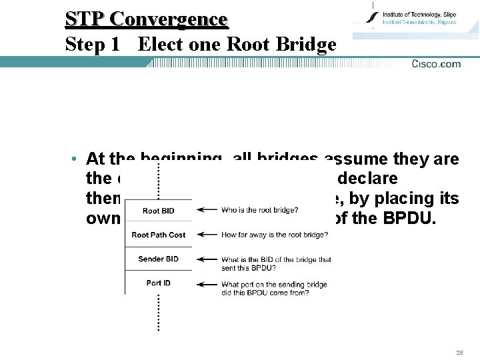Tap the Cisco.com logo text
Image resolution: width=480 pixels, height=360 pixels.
436,64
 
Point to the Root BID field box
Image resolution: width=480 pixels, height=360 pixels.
159,211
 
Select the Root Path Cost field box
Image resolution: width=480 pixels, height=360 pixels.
159,235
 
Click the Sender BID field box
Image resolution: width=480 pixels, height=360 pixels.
159,259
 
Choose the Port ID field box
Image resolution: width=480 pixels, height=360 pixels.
159,283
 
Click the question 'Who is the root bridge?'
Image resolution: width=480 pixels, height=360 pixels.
259,211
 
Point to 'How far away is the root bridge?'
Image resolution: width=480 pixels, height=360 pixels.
275,235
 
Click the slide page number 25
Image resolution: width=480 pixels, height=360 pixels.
459,352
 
